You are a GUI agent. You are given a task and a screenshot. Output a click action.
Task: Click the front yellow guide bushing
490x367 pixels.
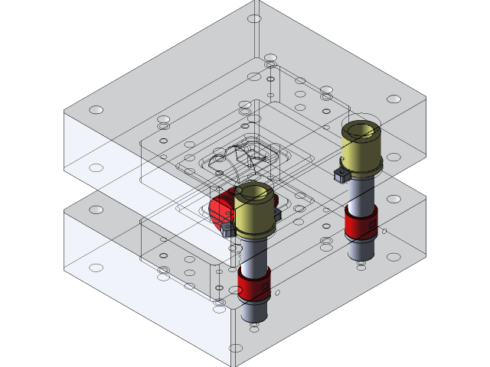[254, 217]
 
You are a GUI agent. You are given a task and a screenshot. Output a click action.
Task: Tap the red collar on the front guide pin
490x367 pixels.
[253, 284]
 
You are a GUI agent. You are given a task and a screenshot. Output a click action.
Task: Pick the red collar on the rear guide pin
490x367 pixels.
[360, 222]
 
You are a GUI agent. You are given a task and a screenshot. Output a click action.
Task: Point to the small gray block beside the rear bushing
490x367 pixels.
[341, 176]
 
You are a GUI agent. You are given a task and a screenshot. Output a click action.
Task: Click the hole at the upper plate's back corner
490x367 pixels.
[254, 18]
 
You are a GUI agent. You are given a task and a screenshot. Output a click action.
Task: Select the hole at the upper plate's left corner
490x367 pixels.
[96, 110]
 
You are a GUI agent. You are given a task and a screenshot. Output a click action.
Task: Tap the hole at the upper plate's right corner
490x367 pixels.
[394, 99]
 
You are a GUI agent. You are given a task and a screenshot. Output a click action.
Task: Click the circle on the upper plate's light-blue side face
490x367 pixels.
[96, 167]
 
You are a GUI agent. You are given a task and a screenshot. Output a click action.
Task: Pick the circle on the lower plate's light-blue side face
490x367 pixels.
[96, 268]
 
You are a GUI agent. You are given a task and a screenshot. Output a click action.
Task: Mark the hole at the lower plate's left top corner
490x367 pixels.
[96, 209]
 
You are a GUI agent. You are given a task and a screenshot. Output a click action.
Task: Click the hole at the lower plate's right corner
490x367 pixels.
[394, 199]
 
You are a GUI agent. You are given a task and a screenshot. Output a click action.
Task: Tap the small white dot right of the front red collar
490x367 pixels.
[278, 292]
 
